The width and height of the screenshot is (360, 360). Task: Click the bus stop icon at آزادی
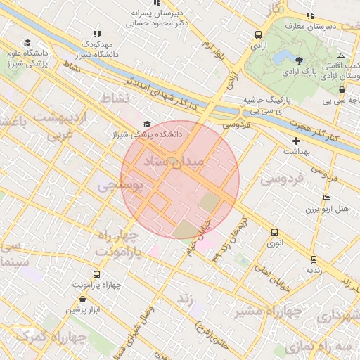coord(259,34)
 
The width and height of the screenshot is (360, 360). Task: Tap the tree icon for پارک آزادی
coord(300,60)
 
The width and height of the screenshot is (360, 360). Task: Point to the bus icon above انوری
coord(274,232)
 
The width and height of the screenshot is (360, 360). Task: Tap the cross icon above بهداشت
coord(297,141)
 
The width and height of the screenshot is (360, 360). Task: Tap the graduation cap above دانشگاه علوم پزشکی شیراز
coord(27,43)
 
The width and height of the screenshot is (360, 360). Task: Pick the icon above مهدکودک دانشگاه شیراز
coord(97,34)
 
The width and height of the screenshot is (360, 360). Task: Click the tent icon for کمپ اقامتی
coord(341,55)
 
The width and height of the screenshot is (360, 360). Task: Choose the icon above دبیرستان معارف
coord(310,15)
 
